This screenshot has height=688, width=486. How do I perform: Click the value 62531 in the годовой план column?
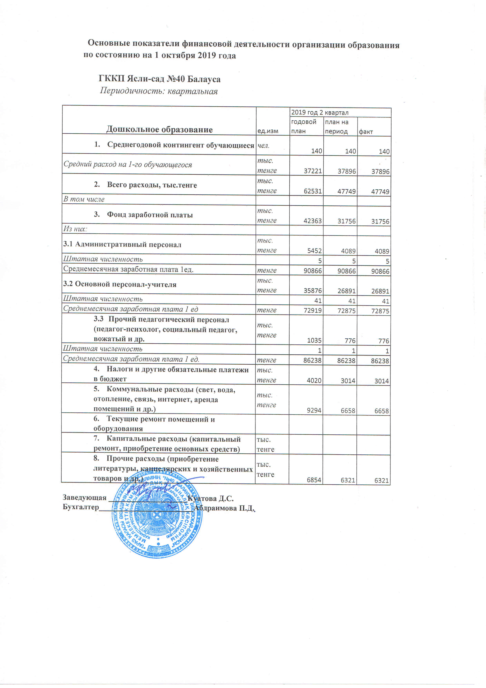coord(312,191)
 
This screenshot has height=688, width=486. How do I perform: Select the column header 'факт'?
coord(366,132)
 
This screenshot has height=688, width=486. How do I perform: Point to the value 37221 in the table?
coord(313,171)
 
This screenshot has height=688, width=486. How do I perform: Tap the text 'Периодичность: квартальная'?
coord(159,91)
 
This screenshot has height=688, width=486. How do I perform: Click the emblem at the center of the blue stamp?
coord(157,516)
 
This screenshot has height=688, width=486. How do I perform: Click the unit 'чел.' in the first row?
coord(264,146)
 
